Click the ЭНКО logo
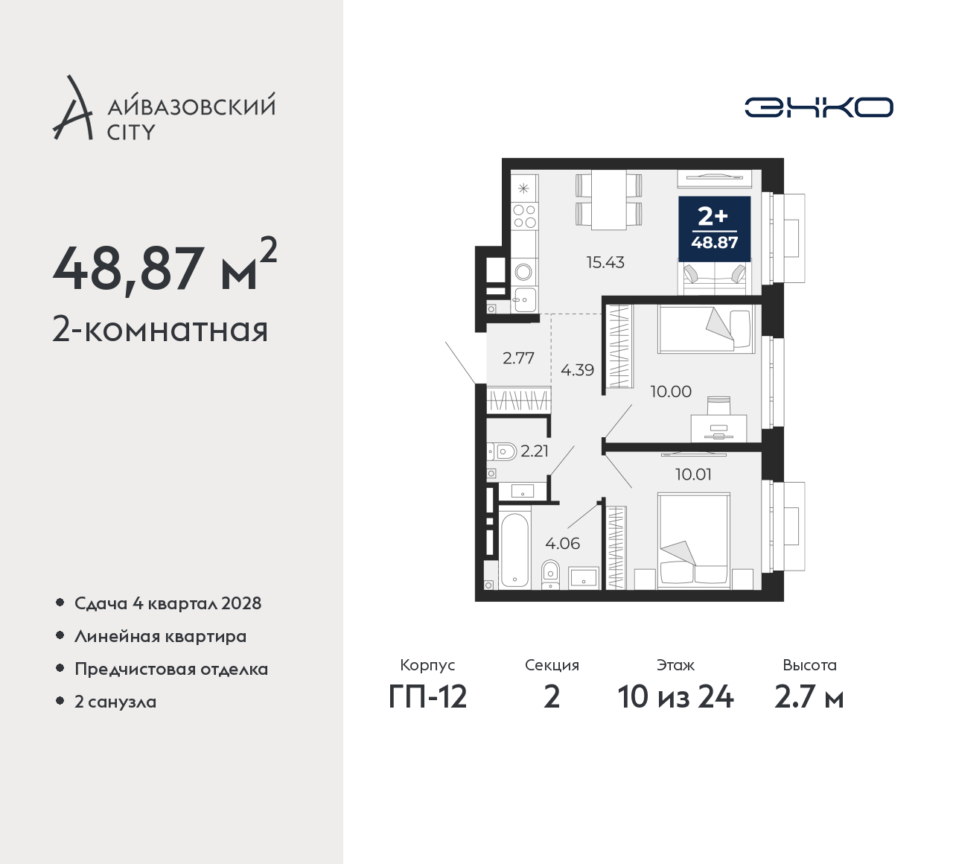818,107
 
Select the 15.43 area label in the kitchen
605,262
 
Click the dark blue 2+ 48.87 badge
714,229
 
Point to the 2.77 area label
518,358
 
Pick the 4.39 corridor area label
577,369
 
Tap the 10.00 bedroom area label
671,392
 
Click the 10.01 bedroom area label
694,474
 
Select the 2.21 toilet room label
535,451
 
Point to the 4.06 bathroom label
562,543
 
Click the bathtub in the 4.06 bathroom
514,551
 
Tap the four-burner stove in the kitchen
525,216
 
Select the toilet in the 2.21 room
502,452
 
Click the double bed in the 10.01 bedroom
694,541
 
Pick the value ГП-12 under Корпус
427,698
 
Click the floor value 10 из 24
675,698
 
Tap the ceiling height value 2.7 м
809,698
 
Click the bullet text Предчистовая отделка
171,669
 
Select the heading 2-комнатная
161,330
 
